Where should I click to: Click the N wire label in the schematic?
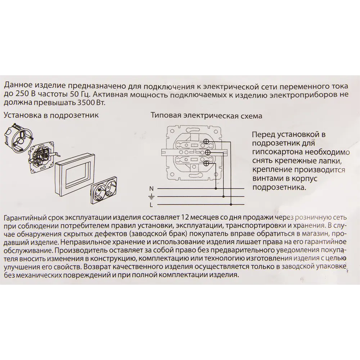[152, 189]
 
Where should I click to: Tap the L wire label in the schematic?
[152, 205]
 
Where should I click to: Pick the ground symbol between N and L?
[152, 197]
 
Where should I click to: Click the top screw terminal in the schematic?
[207, 141]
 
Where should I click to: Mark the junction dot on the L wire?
[231, 204]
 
